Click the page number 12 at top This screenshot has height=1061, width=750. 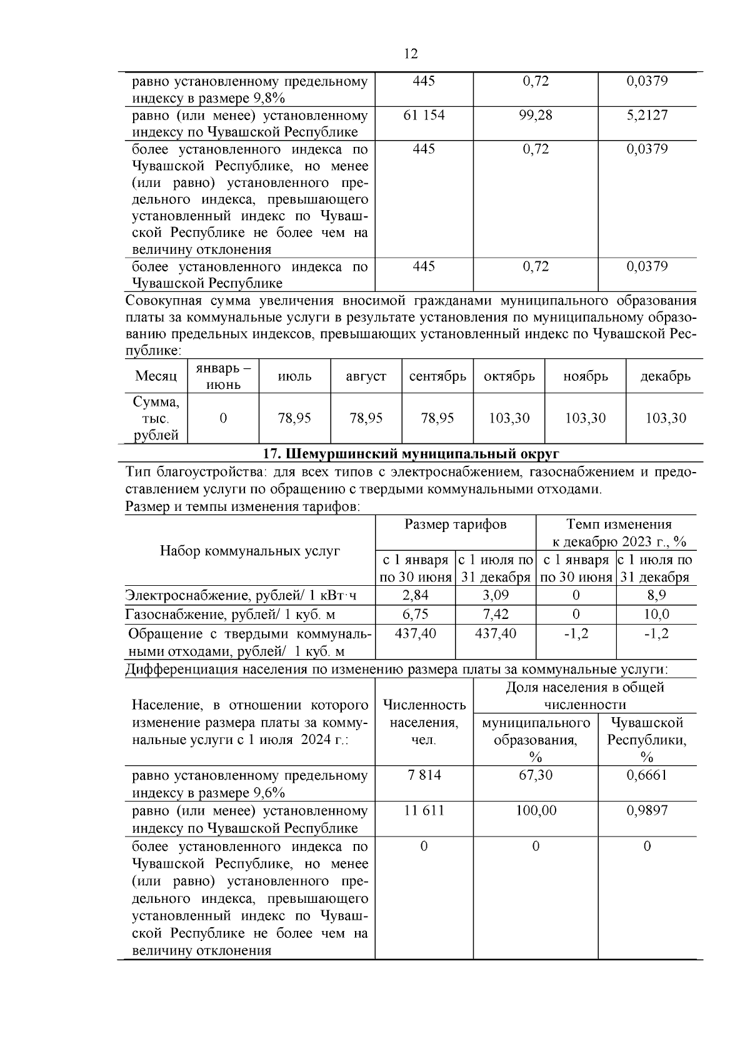pyautogui.click(x=411, y=54)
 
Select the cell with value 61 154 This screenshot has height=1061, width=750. pyautogui.click(x=424, y=115)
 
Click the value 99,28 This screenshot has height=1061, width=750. pyautogui.click(x=536, y=115)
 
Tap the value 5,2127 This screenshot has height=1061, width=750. pyautogui.click(x=647, y=115)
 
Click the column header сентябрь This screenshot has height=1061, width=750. pyautogui.click(x=437, y=376)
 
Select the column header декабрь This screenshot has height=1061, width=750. pyautogui.click(x=665, y=376)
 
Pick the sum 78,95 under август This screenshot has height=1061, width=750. pyautogui.click(x=366, y=418)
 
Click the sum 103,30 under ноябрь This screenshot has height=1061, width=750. pyautogui.click(x=585, y=418)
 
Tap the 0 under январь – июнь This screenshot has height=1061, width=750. pyautogui.click(x=223, y=418)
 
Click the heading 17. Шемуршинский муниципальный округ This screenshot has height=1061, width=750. pyautogui.click(x=410, y=453)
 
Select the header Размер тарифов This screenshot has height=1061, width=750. pyautogui.click(x=455, y=525)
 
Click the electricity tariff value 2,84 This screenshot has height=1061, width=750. pyautogui.click(x=415, y=595)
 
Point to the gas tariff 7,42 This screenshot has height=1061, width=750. pyautogui.click(x=496, y=614)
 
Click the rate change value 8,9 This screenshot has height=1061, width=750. pyautogui.click(x=656, y=595)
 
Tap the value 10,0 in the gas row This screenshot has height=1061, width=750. pyautogui.click(x=656, y=614)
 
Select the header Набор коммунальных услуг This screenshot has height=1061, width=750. pyautogui.click(x=250, y=551)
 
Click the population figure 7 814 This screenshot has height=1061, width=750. pyautogui.click(x=424, y=775)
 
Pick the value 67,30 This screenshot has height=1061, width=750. pyautogui.click(x=536, y=775)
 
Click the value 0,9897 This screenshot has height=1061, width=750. pyautogui.click(x=647, y=810)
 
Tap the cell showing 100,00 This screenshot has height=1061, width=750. pyautogui.click(x=536, y=810)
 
